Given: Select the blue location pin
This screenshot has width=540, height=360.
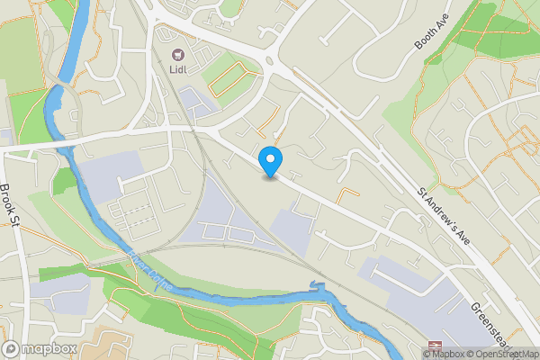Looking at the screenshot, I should coord(270,162).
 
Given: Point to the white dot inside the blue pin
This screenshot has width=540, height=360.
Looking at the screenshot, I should coord(270,157).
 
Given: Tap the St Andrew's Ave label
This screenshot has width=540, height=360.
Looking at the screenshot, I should coord(445,219).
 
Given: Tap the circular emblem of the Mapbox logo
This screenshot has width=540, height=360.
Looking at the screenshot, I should coord(12,348).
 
